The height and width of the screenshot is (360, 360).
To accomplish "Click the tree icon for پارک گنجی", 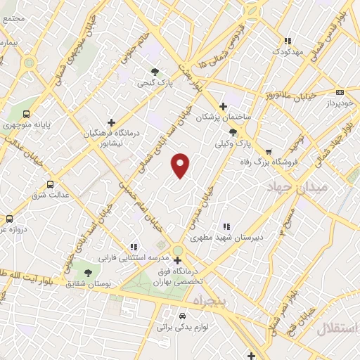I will [155, 71].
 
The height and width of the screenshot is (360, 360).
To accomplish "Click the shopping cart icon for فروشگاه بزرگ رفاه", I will [268, 151].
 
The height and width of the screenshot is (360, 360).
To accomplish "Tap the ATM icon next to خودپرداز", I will [340, 91].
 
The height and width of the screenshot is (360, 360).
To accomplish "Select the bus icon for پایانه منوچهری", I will [27, 114].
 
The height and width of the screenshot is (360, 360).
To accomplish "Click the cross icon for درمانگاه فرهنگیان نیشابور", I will [111, 122].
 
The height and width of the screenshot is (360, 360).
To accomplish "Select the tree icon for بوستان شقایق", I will [88, 272].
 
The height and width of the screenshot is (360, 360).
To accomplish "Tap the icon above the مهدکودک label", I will [287, 41].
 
